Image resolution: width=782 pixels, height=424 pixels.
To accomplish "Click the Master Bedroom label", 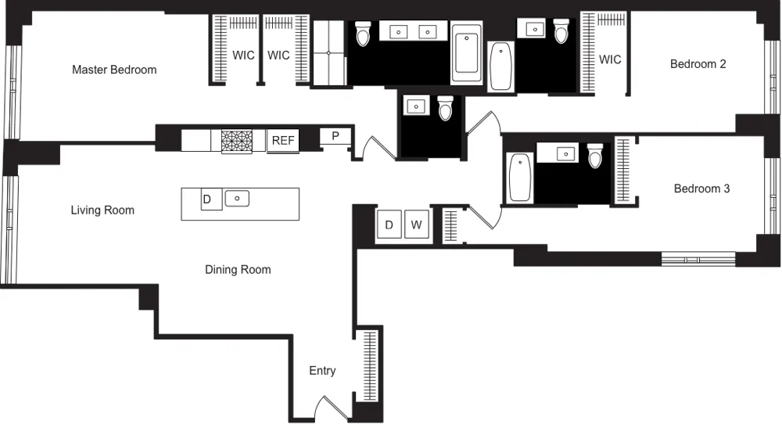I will (114, 70).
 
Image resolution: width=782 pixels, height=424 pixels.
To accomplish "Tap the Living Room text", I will (102, 210).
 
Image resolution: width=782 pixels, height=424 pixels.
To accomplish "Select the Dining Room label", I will (238, 270).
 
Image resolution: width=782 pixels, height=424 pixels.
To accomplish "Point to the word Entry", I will (322, 371).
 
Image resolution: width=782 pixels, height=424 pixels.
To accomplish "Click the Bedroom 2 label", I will (698, 64).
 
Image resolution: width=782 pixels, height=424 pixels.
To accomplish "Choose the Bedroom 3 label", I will (701, 189).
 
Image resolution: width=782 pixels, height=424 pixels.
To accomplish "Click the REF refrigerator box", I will (283, 141).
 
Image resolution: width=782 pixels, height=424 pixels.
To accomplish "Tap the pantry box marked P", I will (335, 136).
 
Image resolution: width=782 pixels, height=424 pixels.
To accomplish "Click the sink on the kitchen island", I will (237, 199).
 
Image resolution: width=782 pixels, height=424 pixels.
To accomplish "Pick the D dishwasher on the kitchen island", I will (207, 199).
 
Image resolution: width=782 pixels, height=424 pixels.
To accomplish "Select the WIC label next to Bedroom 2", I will (610, 59).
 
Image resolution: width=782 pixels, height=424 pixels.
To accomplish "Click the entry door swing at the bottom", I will (329, 407).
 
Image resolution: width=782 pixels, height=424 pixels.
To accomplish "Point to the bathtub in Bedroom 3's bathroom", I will (520, 177).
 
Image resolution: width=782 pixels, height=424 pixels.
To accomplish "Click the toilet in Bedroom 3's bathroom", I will (595, 158).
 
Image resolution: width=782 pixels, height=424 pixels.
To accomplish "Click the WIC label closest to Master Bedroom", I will (244, 56).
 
